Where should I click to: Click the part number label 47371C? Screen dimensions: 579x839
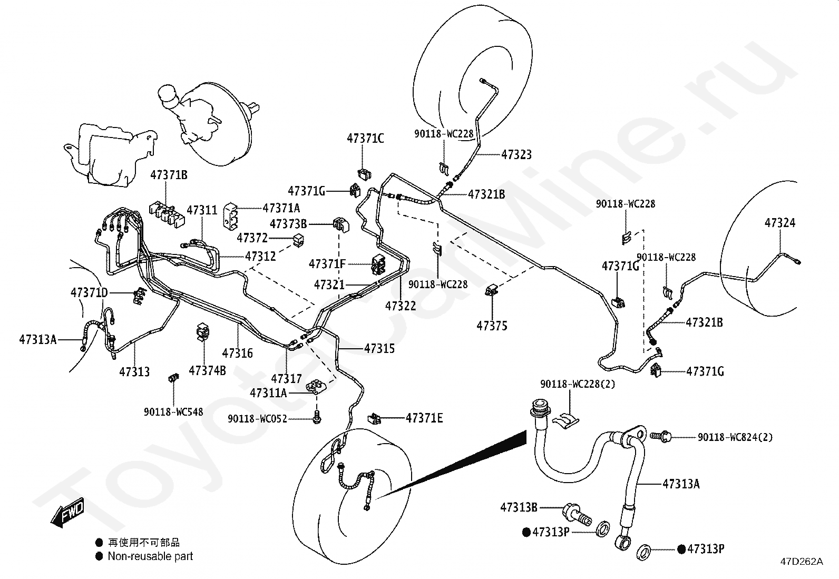pyautogui.click(x=365, y=139)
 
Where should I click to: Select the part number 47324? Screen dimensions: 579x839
pyautogui.click(x=779, y=223)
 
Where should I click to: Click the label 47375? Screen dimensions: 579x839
pyautogui.click(x=492, y=326)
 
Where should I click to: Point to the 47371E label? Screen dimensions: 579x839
pyautogui.click(x=424, y=418)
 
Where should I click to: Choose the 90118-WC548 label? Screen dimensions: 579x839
pyautogui.click(x=173, y=411)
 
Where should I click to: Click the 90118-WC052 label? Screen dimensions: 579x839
pyautogui.click(x=257, y=419)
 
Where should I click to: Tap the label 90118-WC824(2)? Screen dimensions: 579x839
pyautogui.click(x=735, y=437)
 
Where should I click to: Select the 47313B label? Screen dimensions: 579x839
pyautogui.click(x=519, y=507)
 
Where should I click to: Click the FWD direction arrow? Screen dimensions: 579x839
pyautogui.click(x=67, y=512)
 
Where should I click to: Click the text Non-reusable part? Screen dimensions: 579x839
pyautogui.click(x=150, y=556)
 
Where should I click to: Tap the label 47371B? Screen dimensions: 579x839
pyautogui.click(x=169, y=175)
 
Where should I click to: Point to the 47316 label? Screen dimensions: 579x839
pyautogui.click(x=237, y=353)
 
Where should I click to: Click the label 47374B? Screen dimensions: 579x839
pyautogui.click(x=207, y=371)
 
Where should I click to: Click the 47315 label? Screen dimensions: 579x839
pyautogui.click(x=379, y=349)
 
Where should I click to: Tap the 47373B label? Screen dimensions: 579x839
pyautogui.click(x=288, y=224)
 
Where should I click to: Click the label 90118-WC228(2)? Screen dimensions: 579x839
pyautogui.click(x=577, y=385)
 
